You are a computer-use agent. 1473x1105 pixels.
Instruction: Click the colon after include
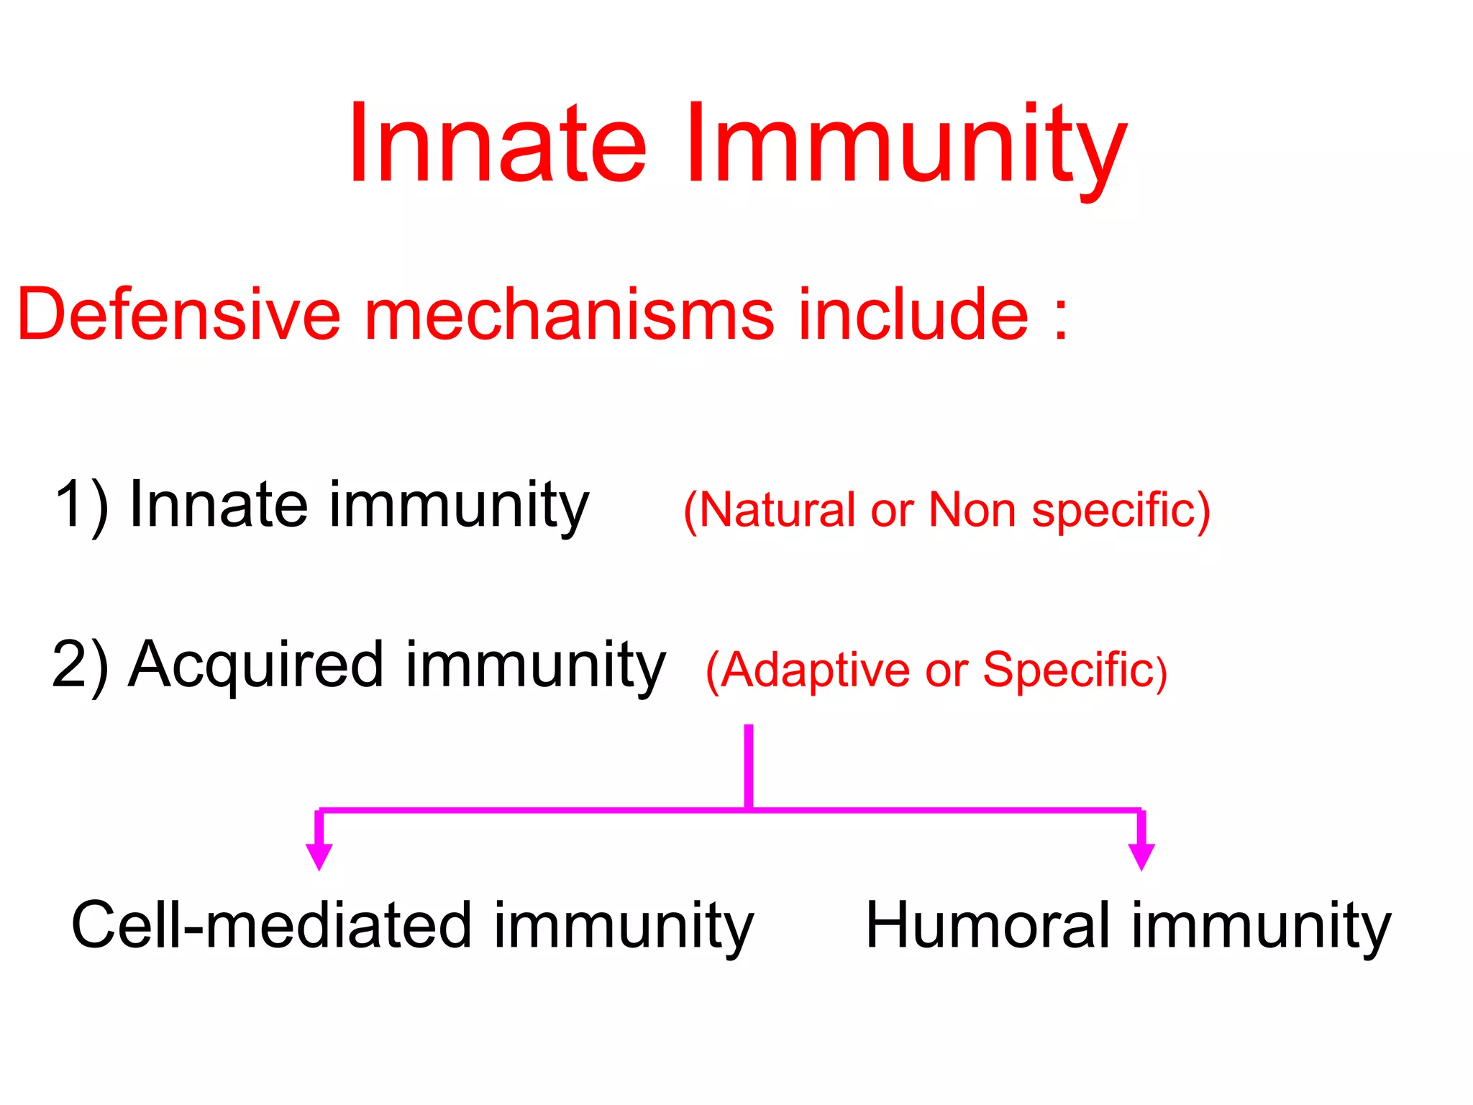(x=1060, y=320)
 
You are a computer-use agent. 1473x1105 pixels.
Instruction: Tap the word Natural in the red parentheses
(x=777, y=511)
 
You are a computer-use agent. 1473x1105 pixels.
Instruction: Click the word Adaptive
(x=816, y=670)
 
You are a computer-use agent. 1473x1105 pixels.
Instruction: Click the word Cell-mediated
(x=272, y=926)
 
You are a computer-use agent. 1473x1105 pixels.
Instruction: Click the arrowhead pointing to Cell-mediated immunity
(x=319, y=855)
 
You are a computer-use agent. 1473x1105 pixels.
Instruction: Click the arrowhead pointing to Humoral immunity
(x=1141, y=855)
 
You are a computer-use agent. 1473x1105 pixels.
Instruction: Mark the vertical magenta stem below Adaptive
(x=749, y=765)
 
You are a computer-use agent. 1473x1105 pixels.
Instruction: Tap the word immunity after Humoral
(x=1262, y=928)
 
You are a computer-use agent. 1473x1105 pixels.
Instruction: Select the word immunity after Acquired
(x=536, y=667)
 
